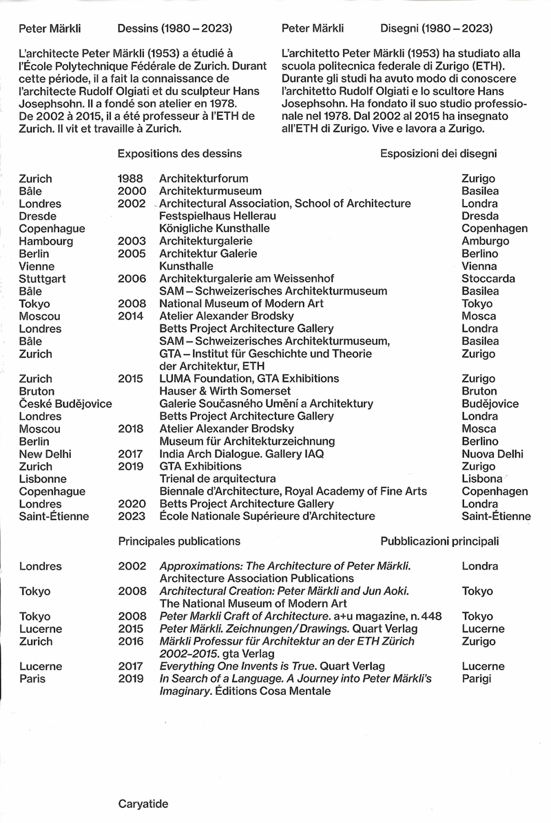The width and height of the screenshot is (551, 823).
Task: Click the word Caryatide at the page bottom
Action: coord(143,803)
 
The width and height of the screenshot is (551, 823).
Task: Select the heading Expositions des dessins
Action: coord(179,154)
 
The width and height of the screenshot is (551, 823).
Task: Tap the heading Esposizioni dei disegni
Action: coord(439,154)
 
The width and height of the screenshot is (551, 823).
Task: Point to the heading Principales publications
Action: coord(179,541)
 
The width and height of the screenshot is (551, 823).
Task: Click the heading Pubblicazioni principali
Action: coord(439,541)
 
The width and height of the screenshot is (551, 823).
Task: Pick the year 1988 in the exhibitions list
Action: coord(131,178)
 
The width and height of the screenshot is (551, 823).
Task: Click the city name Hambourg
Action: coord(45,241)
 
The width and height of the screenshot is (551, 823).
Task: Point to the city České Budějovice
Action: coord(65,404)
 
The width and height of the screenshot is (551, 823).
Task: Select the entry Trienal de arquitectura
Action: coord(218,479)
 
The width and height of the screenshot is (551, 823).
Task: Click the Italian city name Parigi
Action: coord(477,678)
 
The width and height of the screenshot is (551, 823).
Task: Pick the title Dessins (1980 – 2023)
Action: coord(174,28)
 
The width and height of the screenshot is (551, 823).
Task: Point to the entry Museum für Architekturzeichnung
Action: coord(247,441)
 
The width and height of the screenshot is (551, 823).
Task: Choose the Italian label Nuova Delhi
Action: coord(492,454)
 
